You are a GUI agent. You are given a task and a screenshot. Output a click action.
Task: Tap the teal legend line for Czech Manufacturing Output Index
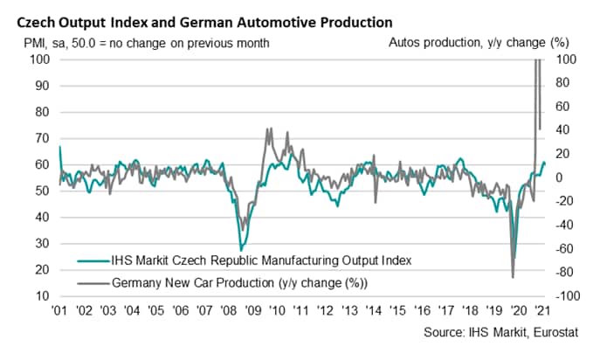coord(91,260)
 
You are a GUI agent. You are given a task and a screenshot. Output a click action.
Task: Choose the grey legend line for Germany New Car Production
coord(91,281)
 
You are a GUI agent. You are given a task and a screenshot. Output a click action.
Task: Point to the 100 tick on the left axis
coord(40,59)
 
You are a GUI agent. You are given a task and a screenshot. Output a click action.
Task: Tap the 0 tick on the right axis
coord(561,177)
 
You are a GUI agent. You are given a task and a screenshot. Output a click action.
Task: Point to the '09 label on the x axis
coord(252,312)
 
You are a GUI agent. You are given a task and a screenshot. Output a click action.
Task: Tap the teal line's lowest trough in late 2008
coord(241,251)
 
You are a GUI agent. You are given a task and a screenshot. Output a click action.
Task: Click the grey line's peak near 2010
coord(267,128)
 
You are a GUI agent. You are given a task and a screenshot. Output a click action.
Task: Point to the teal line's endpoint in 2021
coord(545,163)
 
